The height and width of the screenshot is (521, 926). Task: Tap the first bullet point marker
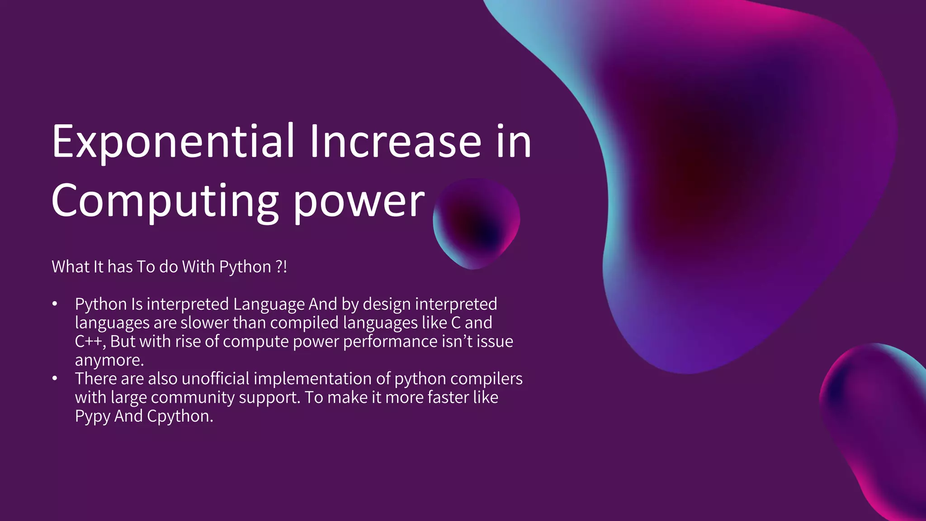55,304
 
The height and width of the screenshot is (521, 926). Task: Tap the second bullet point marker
55,379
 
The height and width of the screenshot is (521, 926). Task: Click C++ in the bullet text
90,341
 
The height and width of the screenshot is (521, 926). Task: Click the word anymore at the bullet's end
109,360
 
